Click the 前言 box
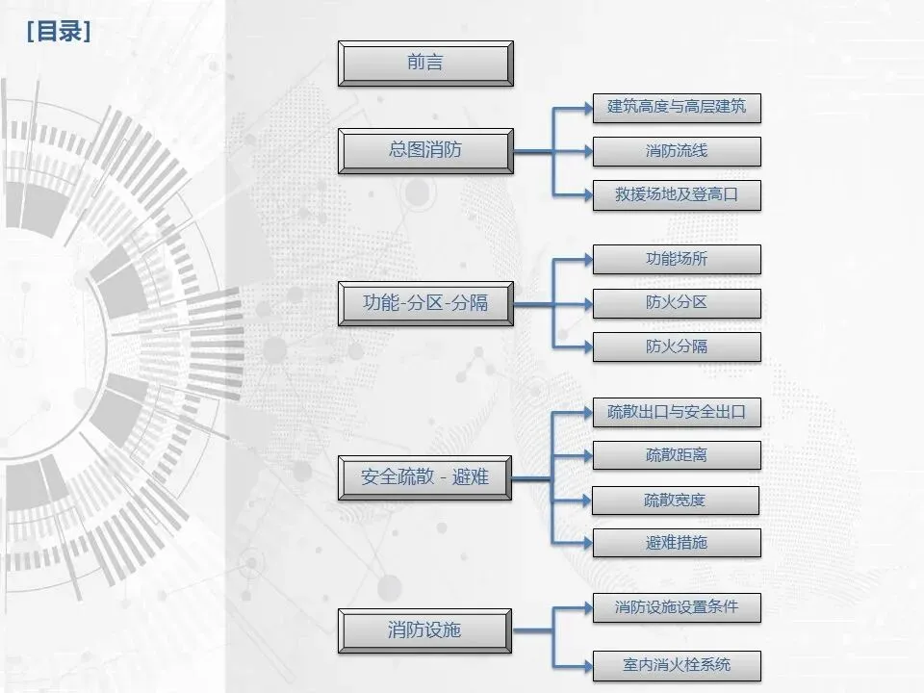(x=425, y=64)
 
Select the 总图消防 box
(x=425, y=150)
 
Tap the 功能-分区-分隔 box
(x=425, y=302)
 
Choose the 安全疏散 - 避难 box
(x=425, y=476)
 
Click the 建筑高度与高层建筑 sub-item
(x=677, y=107)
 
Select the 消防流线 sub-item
(x=677, y=151)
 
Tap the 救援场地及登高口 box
(x=677, y=195)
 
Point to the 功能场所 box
(x=677, y=259)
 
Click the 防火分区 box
(x=677, y=303)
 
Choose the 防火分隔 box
(x=677, y=346)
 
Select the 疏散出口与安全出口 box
(x=677, y=412)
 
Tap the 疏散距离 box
(x=677, y=455)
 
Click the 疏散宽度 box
(x=676, y=500)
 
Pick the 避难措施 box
(x=677, y=543)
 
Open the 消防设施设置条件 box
(x=677, y=607)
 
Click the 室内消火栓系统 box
(x=677, y=665)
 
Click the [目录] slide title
(x=59, y=32)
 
